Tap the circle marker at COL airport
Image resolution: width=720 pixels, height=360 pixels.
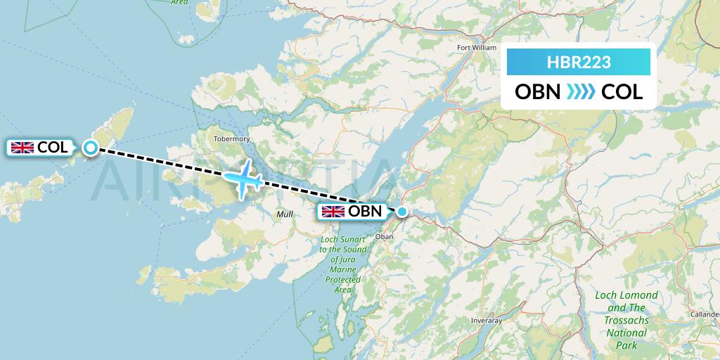coord(91,147)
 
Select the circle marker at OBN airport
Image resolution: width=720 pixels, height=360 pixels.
coord(401,211)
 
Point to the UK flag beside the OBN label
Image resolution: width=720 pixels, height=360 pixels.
coord(333,211)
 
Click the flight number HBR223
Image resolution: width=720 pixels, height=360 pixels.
coord(579,62)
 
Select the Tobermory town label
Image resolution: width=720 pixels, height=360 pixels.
coord(231,139)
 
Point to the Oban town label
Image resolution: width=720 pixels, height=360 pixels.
coord(385,237)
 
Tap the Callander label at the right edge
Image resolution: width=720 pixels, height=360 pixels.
coord(705,314)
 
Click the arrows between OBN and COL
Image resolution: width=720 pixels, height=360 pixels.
coord(581,92)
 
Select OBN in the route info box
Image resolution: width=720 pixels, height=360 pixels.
coord(538,92)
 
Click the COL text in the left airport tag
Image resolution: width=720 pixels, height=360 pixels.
coord(53,148)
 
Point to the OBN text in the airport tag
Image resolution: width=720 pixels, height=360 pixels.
coord(365,211)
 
